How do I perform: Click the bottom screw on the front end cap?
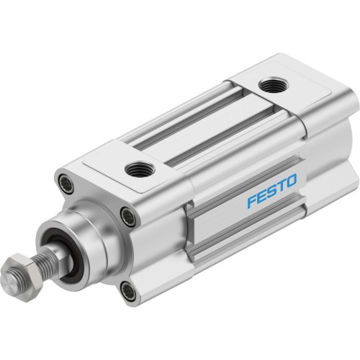127,292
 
